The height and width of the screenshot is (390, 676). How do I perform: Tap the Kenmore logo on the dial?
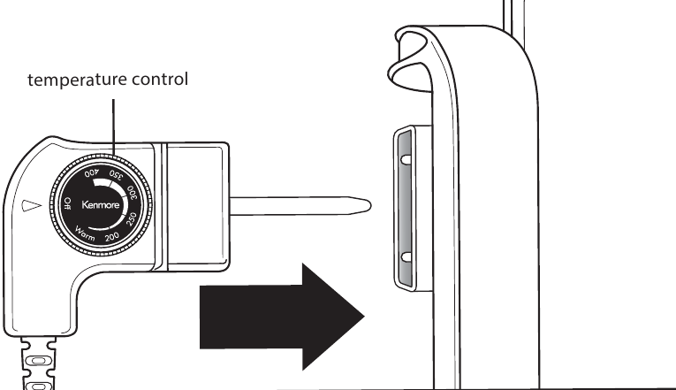point(101,205)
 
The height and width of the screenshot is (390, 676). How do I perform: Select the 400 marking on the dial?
point(92,173)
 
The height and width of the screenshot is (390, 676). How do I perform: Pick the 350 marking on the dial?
point(116,175)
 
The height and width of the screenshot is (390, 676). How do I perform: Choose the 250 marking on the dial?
point(132,218)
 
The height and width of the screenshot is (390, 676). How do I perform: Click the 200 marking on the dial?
point(112,236)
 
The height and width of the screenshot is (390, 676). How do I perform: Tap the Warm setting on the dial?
point(85,233)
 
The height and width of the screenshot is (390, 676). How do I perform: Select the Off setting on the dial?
point(67,203)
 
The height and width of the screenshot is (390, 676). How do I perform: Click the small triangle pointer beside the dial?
point(32,206)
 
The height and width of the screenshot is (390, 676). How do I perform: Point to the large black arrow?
point(282,317)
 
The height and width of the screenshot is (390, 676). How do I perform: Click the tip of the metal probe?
point(370,206)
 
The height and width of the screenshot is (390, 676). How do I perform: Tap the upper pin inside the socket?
point(406,159)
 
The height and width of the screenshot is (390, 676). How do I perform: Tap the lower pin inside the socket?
point(406,257)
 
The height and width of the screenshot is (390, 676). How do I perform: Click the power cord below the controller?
point(38,363)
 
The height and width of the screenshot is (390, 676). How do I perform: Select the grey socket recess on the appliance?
point(405,209)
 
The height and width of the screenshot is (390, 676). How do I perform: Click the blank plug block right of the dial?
point(197,207)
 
